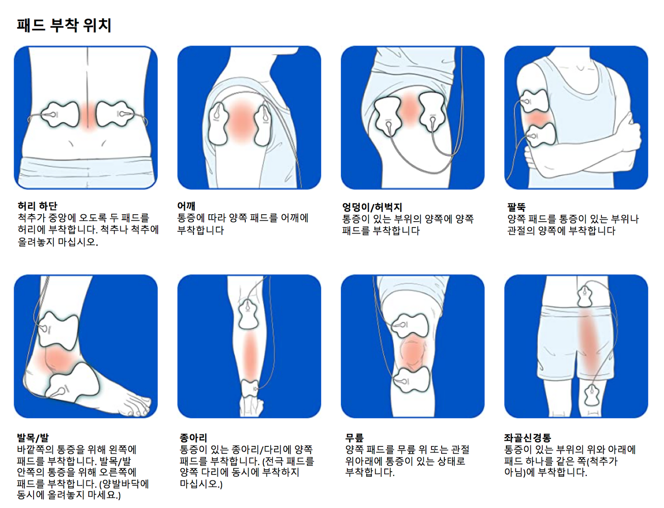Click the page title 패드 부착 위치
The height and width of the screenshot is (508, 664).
(x=64, y=25)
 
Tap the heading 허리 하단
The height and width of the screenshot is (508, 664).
(x=37, y=206)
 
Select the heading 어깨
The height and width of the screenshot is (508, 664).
(x=187, y=206)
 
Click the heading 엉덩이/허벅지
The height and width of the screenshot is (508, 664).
(x=372, y=207)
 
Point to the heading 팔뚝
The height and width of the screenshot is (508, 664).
(x=516, y=207)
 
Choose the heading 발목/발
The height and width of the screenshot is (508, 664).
(x=33, y=438)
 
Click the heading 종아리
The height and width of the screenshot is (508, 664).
(x=193, y=438)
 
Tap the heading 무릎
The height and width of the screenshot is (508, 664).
(x=354, y=438)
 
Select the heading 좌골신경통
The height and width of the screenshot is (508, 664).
(x=527, y=438)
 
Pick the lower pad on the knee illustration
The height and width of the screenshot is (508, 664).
(x=411, y=379)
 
